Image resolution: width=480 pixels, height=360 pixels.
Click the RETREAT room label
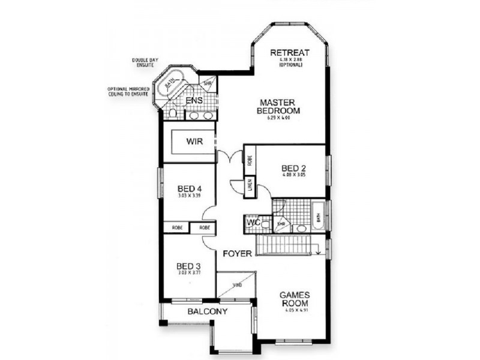click(289, 53)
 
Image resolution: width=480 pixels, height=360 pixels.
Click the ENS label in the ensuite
click(194, 100)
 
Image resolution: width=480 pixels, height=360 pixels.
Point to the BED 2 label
click(294, 169)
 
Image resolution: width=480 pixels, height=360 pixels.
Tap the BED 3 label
click(188, 266)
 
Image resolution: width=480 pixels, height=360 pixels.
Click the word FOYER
click(237, 254)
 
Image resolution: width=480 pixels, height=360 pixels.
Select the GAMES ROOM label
click(294, 299)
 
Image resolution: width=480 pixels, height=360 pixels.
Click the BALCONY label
click(207, 311)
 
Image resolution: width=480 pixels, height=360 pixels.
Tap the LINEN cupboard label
click(250, 187)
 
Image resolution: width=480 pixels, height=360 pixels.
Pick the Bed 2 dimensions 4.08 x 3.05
click(294, 176)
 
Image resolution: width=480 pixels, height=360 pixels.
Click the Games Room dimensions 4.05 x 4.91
click(294, 310)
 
